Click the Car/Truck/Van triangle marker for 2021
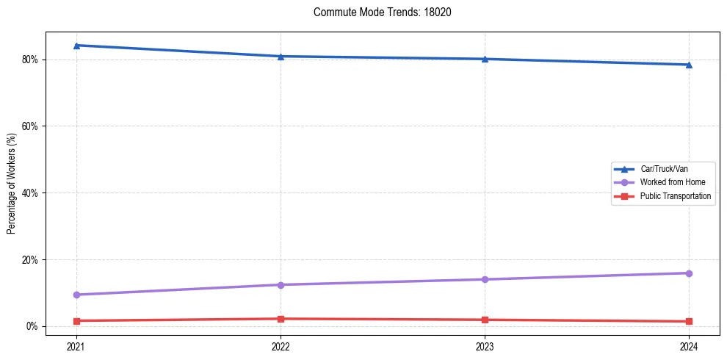[x=76, y=46]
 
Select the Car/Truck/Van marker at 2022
[x=281, y=57]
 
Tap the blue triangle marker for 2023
[x=485, y=59]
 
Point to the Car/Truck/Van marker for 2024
[x=689, y=65]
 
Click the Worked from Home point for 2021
[x=76, y=295]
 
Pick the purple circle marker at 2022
[x=281, y=285]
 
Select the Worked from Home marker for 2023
[x=485, y=279]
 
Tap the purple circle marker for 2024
[x=689, y=273]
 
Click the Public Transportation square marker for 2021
[x=76, y=321]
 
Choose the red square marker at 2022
[x=281, y=319]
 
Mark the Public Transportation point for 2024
[x=689, y=321]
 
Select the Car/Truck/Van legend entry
[x=664, y=169]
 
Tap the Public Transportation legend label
[x=676, y=196]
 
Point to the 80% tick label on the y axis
[x=29, y=60]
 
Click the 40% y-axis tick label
[x=29, y=193]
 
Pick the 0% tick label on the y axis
[x=32, y=326]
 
